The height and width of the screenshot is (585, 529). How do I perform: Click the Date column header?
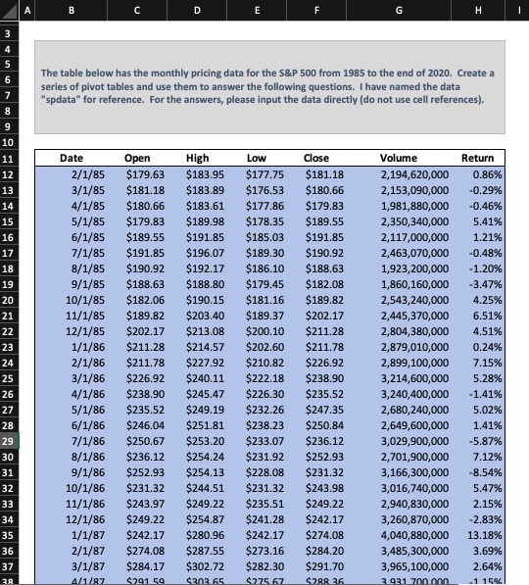point(72,158)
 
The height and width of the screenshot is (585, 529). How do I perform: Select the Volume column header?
point(398,158)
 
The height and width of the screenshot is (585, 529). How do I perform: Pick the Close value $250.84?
point(323,426)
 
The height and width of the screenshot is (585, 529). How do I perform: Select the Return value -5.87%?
point(486,442)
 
